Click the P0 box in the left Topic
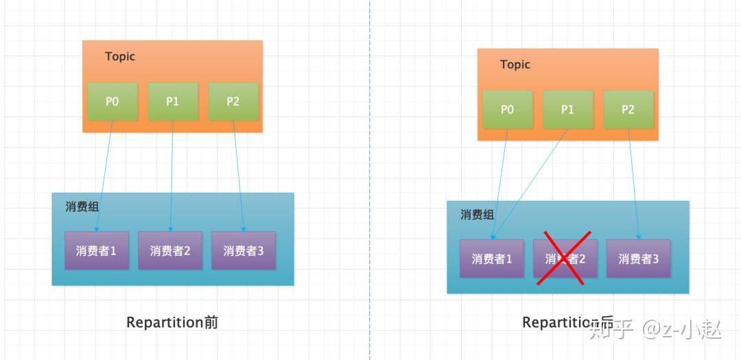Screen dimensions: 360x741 (112, 101)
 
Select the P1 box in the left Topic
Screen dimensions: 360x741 (172, 101)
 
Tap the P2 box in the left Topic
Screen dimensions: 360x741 (233, 101)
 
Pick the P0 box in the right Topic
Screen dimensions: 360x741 (507, 110)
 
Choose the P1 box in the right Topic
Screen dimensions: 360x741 (567, 110)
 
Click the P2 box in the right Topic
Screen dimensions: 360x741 (628, 110)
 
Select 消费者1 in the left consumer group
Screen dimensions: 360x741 (96, 250)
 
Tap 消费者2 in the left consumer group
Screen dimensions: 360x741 (169, 250)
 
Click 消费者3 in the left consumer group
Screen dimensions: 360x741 (243, 250)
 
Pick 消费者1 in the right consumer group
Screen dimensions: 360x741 (491, 259)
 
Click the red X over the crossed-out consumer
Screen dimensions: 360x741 (565, 259)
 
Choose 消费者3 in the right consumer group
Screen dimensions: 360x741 (638, 259)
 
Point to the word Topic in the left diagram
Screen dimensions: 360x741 (120, 56)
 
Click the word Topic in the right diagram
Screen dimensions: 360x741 (515, 64)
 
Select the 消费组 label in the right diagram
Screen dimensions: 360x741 (477, 215)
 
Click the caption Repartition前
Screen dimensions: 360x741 (172, 322)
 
